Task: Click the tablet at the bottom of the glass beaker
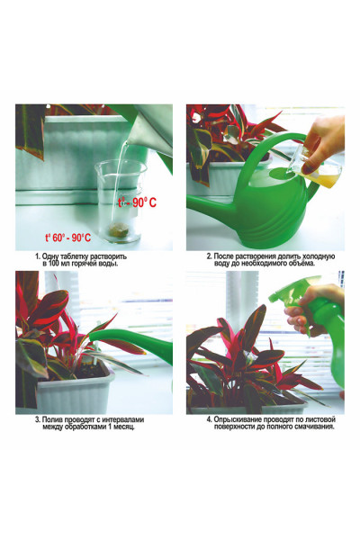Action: pyautogui.click(x=118, y=229)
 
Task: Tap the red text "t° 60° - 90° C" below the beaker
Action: pyautogui.click(x=68, y=238)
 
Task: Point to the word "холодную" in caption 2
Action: pyautogui.click(x=319, y=256)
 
